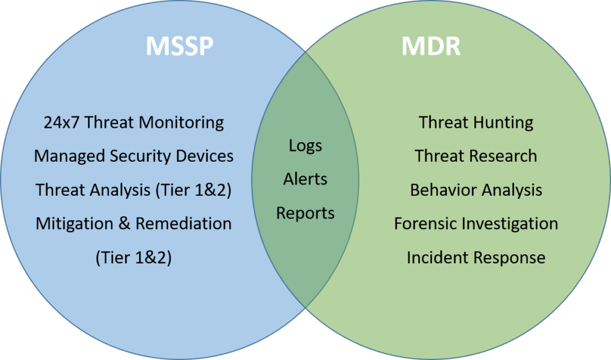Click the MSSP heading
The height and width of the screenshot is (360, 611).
click(180, 46)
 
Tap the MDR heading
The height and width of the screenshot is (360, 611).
click(431, 46)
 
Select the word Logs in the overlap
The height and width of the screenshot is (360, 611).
click(305, 146)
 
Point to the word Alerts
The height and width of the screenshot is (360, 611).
click(305, 179)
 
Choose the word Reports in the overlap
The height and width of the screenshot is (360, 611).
click(305, 213)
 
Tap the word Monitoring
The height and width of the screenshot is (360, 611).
click(181, 123)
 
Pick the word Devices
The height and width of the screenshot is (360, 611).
click(205, 156)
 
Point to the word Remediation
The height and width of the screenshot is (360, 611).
click(184, 223)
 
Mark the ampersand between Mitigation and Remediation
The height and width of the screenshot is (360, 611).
click(124, 223)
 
